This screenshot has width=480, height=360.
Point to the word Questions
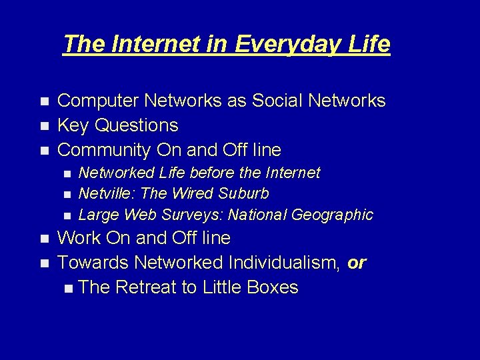tap(137, 125)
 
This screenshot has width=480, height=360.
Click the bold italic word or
tap(357, 263)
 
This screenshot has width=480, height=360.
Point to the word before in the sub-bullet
tap(212, 173)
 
